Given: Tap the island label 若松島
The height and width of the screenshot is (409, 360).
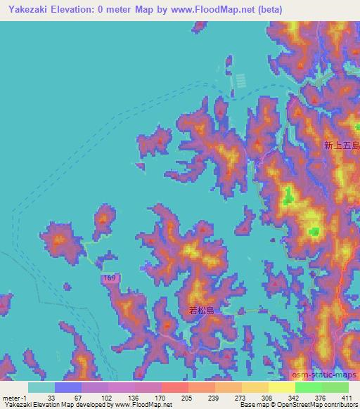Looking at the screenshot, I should tap(201, 310).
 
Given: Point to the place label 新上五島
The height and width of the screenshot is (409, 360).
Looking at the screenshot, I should tap(342, 145).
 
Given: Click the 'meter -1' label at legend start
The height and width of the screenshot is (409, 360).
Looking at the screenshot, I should tap(15, 397).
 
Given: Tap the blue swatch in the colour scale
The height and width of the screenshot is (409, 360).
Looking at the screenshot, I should tap(67, 387).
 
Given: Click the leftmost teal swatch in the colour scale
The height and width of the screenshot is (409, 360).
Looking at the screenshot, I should tap(41, 387).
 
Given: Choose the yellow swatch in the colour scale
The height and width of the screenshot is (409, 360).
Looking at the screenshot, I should tap(281, 387).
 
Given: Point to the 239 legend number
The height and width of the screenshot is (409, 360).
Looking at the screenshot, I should tap(214, 397).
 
